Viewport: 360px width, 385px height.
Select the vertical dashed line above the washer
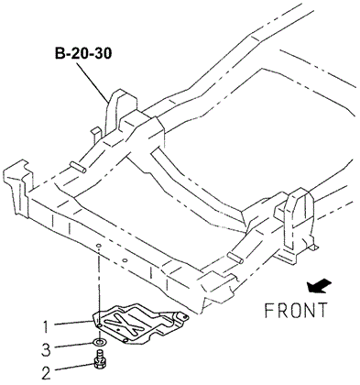(97, 284)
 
